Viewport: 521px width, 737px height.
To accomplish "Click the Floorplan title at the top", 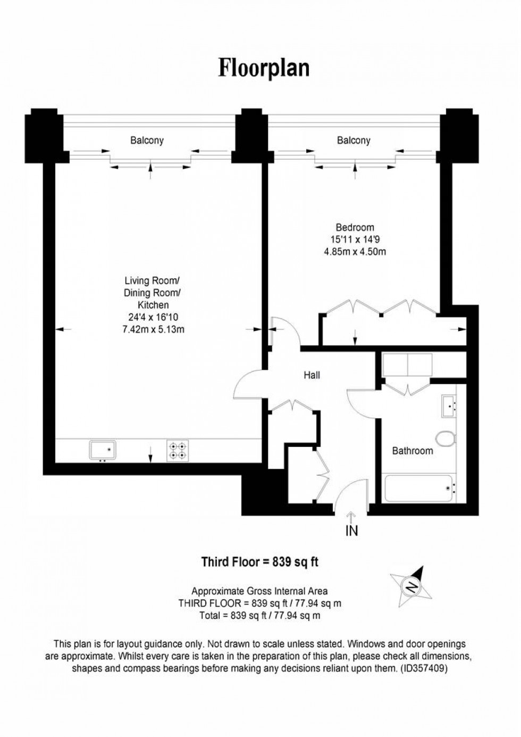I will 264,69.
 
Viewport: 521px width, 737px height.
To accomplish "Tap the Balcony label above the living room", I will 147,140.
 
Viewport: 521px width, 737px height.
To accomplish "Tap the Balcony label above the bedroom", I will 353,140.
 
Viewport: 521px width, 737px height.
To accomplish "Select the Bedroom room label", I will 355,228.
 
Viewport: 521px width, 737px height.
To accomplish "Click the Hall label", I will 312,375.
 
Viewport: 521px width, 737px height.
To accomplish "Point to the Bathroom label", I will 412,451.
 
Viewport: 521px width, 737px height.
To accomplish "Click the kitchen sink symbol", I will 103,450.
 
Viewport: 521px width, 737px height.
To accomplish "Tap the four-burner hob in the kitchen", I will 178,450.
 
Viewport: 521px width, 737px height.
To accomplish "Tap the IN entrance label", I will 351,531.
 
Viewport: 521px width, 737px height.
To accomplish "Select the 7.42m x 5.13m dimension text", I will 153,329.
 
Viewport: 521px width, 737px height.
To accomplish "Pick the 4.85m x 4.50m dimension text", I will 355,252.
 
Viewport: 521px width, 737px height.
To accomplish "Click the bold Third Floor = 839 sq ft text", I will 259,561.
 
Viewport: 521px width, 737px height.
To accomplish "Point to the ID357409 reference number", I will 425,669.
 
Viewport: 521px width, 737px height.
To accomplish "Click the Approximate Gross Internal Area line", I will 259,591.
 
